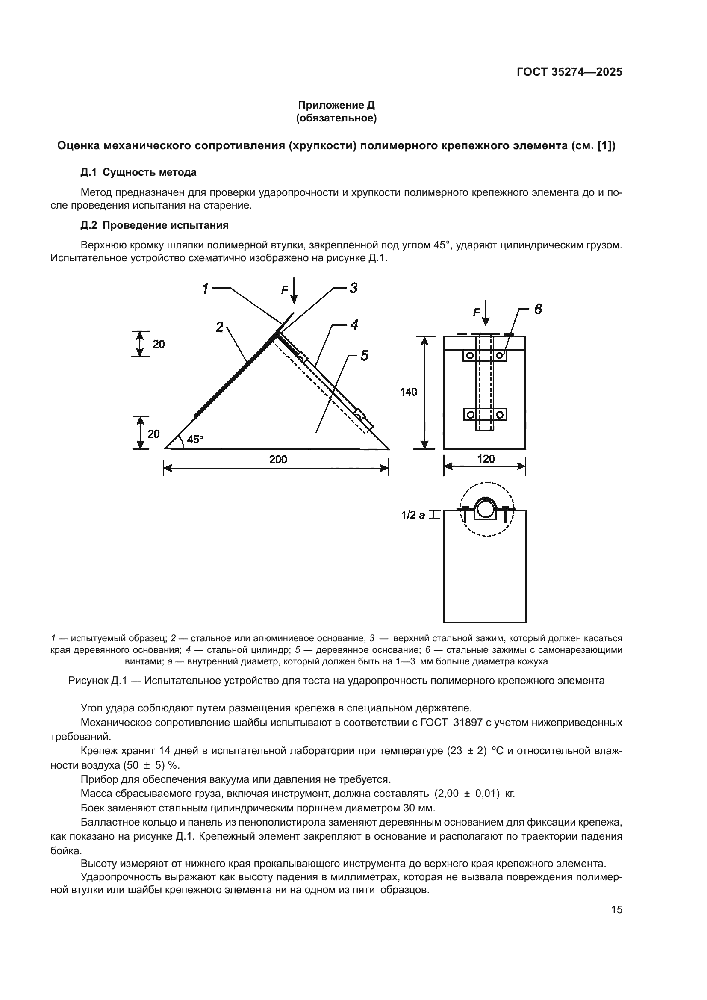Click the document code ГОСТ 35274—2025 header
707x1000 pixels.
[x=569, y=72]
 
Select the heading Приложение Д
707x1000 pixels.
[x=336, y=105]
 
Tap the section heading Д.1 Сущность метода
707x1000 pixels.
[x=138, y=172]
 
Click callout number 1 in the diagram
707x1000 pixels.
[x=205, y=289]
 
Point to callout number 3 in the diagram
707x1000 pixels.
[x=353, y=288]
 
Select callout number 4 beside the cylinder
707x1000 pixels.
[x=354, y=324]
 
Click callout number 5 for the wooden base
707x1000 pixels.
[x=364, y=356]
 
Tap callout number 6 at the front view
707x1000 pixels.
[x=538, y=310]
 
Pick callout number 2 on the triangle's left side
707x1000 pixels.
[x=219, y=327]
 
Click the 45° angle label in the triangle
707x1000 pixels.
[x=194, y=440]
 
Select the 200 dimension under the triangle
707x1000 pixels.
[x=278, y=460]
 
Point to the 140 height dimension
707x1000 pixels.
[x=408, y=392]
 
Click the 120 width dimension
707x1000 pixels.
[x=486, y=459]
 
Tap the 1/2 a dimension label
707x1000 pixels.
[x=413, y=516]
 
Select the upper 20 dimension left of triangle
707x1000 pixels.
[x=159, y=344]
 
